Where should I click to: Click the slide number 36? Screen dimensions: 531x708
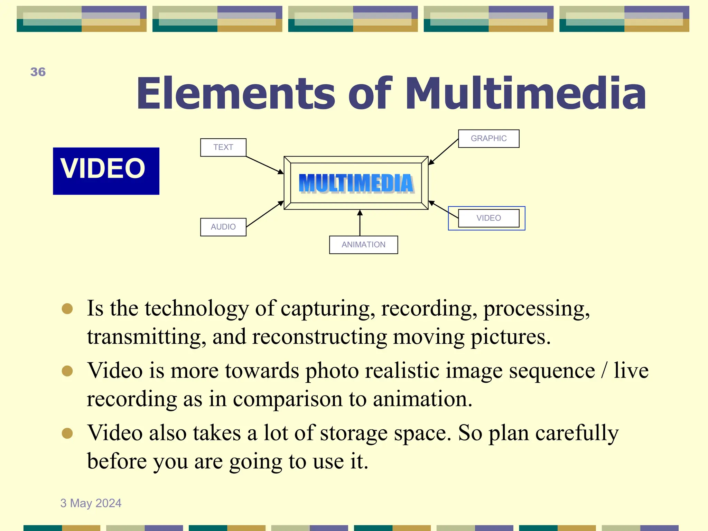click(38, 72)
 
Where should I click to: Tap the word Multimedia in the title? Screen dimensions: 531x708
click(525, 93)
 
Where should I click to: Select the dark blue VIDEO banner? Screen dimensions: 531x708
click(106, 171)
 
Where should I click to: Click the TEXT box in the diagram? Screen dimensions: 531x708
click(223, 147)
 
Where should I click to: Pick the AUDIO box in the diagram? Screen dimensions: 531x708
click(223, 227)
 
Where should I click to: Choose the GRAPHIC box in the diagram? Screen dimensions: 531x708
click(488, 138)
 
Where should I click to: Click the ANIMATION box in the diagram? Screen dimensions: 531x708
click(363, 244)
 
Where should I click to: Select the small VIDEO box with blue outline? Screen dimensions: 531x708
click(488, 218)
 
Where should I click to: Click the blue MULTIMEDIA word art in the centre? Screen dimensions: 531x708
click(356, 183)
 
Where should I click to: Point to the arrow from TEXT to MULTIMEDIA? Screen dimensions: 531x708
click(264, 165)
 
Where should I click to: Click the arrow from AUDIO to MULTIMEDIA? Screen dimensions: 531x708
click(264, 214)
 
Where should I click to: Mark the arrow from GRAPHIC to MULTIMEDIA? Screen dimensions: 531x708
click(444, 151)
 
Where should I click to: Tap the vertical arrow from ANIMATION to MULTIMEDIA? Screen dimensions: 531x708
click(360, 223)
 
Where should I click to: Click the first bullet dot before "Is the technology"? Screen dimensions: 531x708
click(67, 308)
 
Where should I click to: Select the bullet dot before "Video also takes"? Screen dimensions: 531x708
click(67, 433)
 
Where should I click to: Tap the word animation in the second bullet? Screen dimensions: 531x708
click(422, 399)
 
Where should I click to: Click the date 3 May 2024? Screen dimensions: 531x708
click(91, 503)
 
